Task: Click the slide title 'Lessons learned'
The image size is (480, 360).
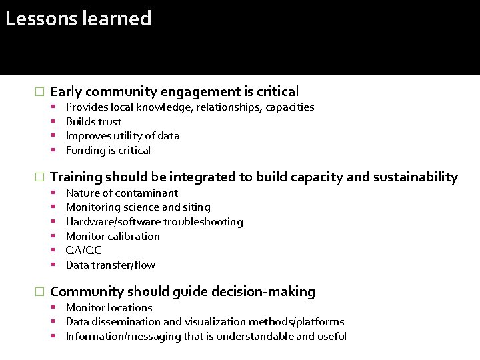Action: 78,19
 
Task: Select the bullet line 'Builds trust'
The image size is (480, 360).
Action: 93,121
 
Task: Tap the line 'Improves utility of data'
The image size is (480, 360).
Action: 122,135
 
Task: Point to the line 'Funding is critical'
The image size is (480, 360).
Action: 108,150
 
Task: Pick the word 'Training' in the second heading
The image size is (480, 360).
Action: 76,177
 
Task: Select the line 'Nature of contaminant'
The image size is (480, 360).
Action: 121,193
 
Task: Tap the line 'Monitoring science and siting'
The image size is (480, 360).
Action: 137,207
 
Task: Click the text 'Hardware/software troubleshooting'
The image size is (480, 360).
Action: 154,221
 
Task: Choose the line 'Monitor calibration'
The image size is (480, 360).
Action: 113,236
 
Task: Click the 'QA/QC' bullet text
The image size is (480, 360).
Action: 83,251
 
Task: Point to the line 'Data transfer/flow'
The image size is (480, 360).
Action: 110,265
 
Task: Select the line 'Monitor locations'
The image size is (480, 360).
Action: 109,307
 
